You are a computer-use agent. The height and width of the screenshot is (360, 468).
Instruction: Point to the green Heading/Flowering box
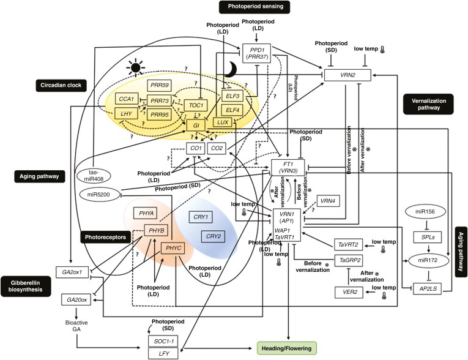point(288,348)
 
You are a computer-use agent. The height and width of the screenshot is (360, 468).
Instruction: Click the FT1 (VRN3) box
point(287,168)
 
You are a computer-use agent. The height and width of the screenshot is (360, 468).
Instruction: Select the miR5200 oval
point(97,193)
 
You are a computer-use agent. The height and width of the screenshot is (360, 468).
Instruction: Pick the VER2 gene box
point(349,293)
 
